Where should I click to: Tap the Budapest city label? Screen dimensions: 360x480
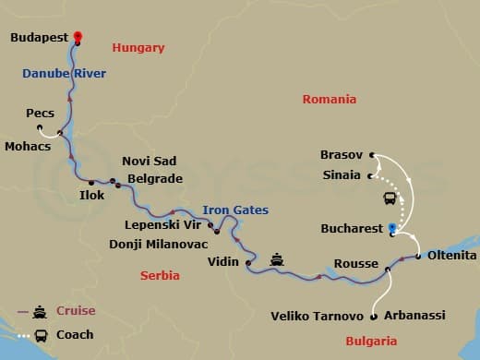(41, 39)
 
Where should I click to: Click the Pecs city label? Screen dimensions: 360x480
(41, 113)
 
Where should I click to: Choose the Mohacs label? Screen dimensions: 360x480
(26, 145)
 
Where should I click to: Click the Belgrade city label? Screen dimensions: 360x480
(153, 178)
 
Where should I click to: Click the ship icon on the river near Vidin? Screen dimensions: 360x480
(277, 259)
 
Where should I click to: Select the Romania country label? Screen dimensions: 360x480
(330, 100)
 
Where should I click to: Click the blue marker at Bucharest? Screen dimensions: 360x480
(392, 226)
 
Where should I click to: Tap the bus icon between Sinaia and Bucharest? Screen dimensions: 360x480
(390, 197)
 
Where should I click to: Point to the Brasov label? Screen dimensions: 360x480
(342, 155)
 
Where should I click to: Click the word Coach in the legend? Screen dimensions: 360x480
(75, 334)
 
